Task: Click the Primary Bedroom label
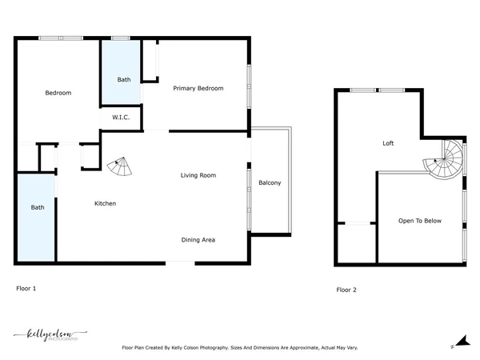pos(198,88)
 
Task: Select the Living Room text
pos(198,175)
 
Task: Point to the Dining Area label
pos(198,239)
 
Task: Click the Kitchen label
pos(106,204)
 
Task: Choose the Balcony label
pos(270,183)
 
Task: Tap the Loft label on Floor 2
pos(388,143)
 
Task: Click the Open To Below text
pos(420,221)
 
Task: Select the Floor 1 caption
pos(26,287)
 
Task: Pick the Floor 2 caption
pos(346,290)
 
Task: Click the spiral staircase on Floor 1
pos(120,167)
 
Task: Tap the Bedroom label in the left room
pos(58,93)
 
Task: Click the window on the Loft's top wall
pos(379,90)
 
